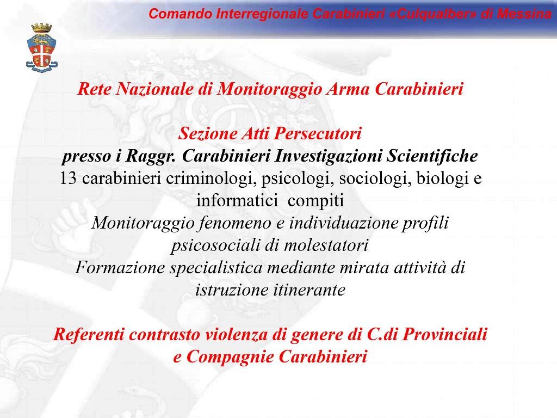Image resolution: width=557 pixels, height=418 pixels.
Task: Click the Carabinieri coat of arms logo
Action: point(41,47)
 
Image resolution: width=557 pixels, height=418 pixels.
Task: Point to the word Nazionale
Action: point(154,89)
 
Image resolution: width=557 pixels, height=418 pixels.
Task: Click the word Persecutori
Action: point(318,133)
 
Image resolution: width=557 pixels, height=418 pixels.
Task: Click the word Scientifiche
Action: point(432,156)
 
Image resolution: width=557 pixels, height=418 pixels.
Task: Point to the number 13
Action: point(68,178)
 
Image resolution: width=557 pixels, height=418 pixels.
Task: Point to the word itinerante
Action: point(309,290)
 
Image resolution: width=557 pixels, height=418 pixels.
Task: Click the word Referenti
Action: point(89,334)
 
